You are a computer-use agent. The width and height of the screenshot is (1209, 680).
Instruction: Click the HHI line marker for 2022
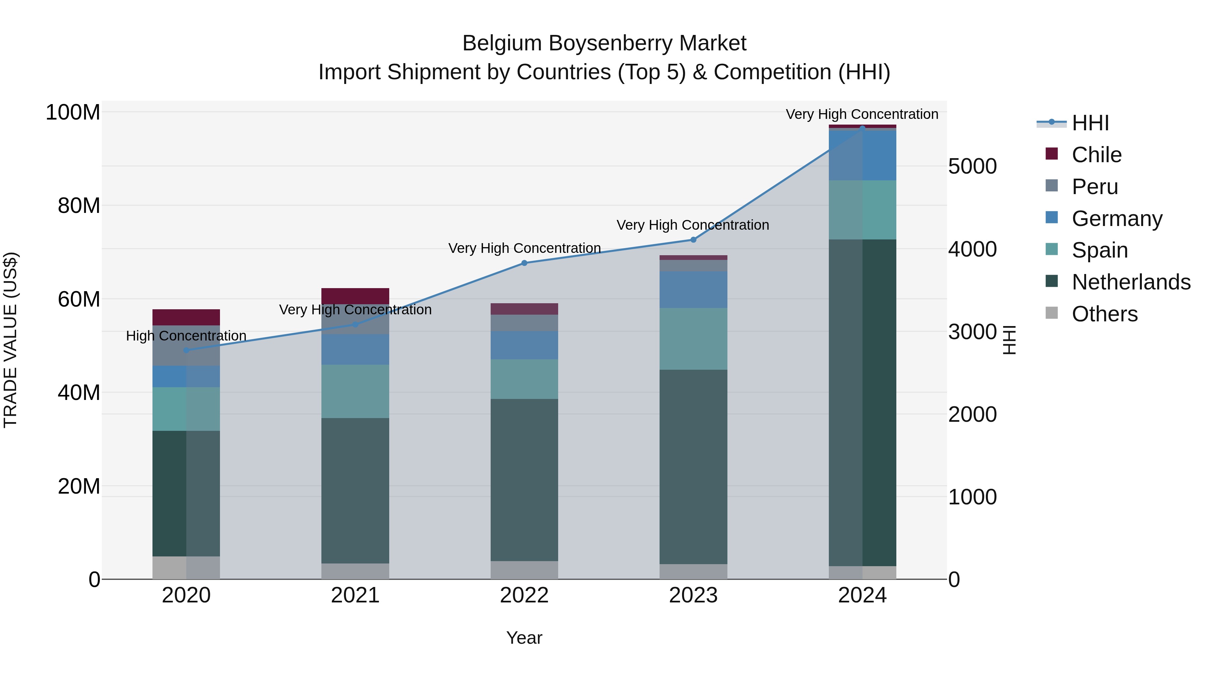(x=524, y=263)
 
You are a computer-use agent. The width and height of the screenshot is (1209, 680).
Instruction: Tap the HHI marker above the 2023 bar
(x=693, y=240)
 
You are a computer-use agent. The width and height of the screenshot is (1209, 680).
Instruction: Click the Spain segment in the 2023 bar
(x=693, y=338)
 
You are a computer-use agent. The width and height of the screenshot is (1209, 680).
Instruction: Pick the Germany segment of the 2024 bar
(x=862, y=155)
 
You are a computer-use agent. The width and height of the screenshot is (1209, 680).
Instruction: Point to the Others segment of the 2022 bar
(x=524, y=570)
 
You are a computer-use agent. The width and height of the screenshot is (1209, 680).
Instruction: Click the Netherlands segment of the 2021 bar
(x=355, y=490)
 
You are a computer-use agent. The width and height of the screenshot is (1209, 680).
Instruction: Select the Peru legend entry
(x=1094, y=187)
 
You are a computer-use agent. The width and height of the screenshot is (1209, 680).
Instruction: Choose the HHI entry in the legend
(x=1090, y=123)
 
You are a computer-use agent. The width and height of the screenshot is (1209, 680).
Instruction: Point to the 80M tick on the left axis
(x=79, y=206)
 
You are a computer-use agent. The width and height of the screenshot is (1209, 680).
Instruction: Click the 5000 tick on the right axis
(x=972, y=166)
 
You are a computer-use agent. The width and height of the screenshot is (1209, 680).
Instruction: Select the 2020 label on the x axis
(x=186, y=595)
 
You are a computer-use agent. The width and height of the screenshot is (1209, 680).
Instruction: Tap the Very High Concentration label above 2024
(x=862, y=114)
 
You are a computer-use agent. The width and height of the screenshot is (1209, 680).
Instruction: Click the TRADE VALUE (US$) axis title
(x=10, y=340)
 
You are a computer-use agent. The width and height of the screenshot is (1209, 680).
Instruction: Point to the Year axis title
(x=524, y=638)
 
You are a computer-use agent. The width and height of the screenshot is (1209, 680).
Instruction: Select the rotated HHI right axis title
(x=1009, y=340)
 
